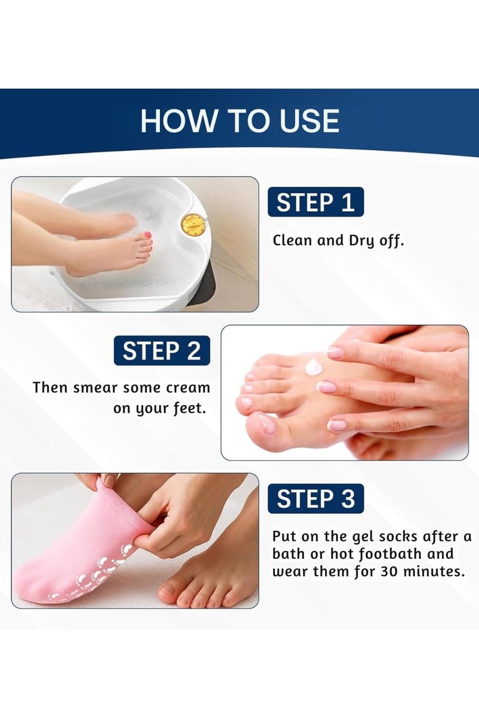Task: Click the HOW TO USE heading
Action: tap(239, 121)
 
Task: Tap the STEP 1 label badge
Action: tap(316, 202)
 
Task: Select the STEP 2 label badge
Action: tap(162, 351)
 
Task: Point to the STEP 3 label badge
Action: tap(316, 499)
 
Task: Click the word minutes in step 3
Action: tap(434, 571)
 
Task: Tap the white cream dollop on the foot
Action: tap(315, 365)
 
